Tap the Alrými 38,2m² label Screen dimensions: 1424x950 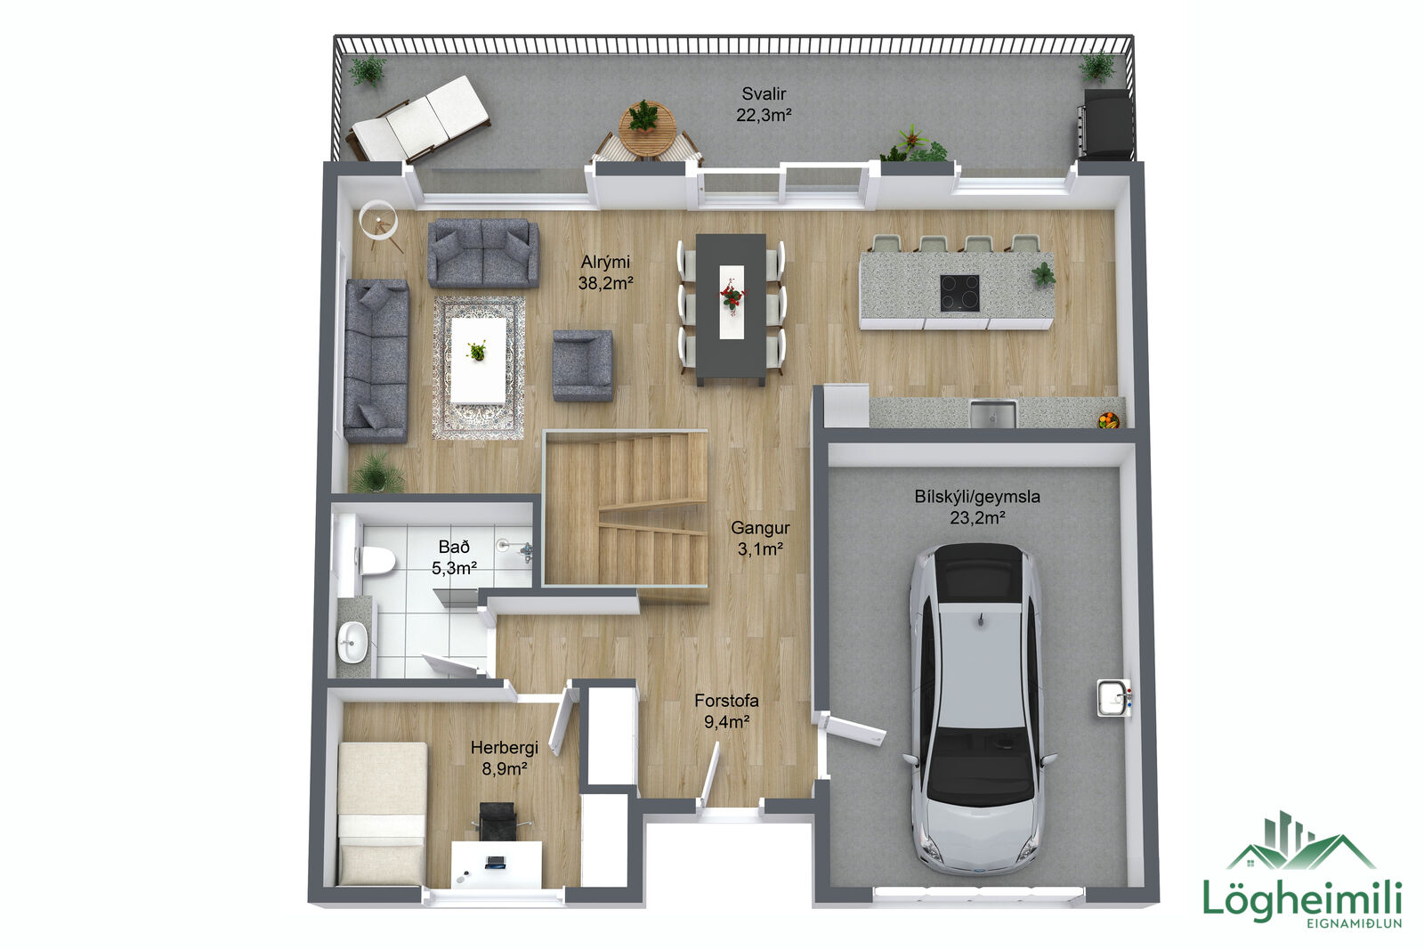tap(605, 272)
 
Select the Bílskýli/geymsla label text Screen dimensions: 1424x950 tap(977, 497)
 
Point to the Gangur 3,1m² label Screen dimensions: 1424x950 tap(760, 538)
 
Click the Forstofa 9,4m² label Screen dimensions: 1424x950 tap(726, 710)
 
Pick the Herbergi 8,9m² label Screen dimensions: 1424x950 tap(504, 758)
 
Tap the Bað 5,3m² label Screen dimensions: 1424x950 tap(454, 557)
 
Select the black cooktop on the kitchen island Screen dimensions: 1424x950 tap(959, 293)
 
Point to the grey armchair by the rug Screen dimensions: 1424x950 tap(583, 366)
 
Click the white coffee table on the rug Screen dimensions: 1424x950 tap(479, 361)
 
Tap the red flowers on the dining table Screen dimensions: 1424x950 tap(732, 296)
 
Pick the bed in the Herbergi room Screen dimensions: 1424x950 tap(382, 813)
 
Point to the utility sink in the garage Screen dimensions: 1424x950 tap(1114, 698)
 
